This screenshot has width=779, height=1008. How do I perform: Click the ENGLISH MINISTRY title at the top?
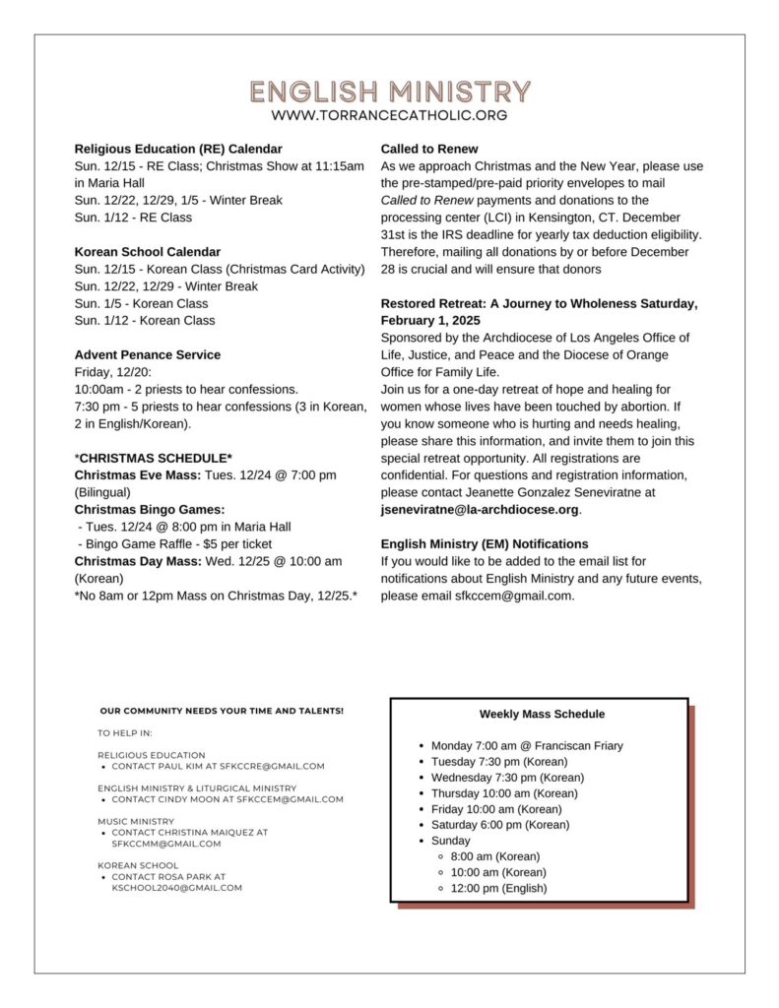389,93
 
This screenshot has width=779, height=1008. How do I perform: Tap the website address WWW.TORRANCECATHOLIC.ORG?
389,116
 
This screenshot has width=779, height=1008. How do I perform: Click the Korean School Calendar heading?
148,252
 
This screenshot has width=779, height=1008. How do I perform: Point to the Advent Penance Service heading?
148,354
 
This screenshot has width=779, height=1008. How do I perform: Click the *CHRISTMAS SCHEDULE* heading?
154,458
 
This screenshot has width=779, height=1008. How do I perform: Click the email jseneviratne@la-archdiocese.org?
480,509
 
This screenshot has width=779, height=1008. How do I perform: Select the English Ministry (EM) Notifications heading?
485,543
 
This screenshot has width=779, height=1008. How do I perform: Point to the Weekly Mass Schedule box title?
542,714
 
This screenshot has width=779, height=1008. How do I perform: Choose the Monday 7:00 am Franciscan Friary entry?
527,746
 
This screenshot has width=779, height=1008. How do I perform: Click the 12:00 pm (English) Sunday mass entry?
498,888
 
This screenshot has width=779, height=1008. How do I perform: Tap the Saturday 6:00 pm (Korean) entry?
500,825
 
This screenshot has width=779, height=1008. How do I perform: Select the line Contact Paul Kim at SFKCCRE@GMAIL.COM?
218,766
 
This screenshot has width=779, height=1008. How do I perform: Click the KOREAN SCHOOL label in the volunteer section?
138,865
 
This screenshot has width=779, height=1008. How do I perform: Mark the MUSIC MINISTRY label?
136,821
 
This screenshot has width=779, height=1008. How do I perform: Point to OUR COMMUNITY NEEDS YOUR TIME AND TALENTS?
222,711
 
